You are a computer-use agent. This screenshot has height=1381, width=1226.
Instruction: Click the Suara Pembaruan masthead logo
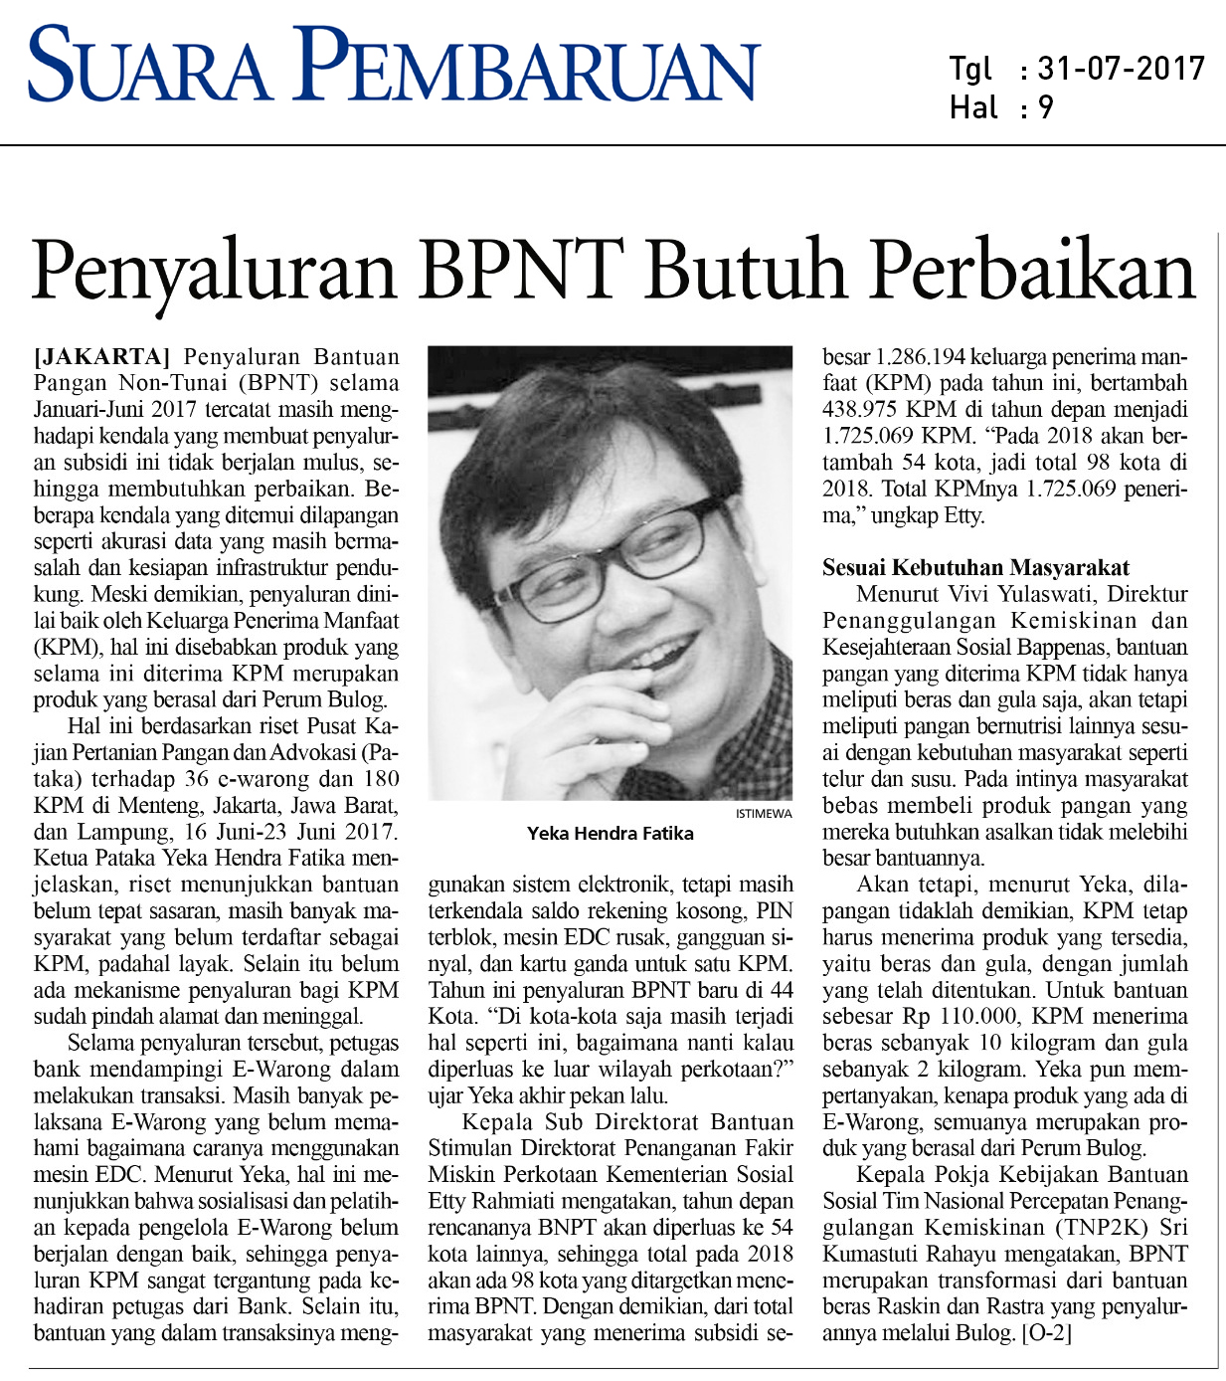[x=394, y=64]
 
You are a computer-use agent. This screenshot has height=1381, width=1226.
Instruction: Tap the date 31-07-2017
[x=1121, y=69]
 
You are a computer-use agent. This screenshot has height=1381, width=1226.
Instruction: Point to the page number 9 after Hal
[x=1045, y=107]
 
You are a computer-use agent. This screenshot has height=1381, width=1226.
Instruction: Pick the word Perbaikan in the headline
[x=1033, y=271]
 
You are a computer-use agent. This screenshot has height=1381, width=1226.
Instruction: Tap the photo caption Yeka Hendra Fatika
[x=611, y=834]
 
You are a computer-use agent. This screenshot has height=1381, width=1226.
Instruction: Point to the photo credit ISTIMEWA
[x=764, y=813]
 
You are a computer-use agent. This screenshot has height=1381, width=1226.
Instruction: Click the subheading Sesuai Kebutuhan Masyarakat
[x=975, y=568]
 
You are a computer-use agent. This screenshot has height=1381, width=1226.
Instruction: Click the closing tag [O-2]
[x=1047, y=1332]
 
